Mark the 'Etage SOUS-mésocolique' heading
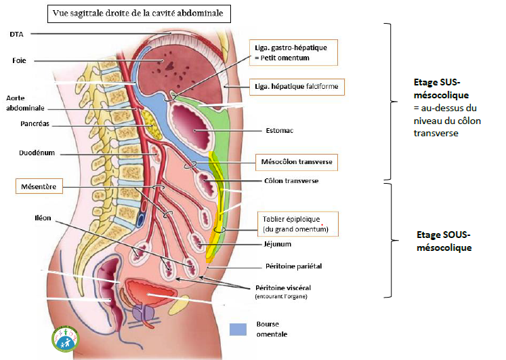tap(442, 241)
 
